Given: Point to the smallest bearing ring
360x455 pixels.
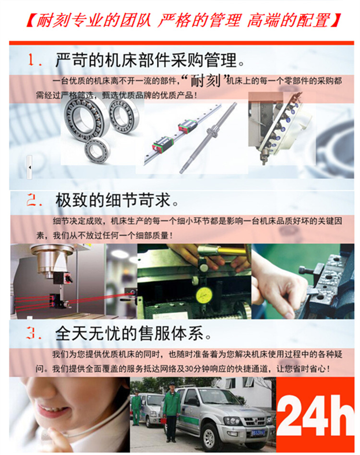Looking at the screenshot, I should pos(97,150).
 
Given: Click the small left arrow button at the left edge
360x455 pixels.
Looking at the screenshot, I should pos(30,167).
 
